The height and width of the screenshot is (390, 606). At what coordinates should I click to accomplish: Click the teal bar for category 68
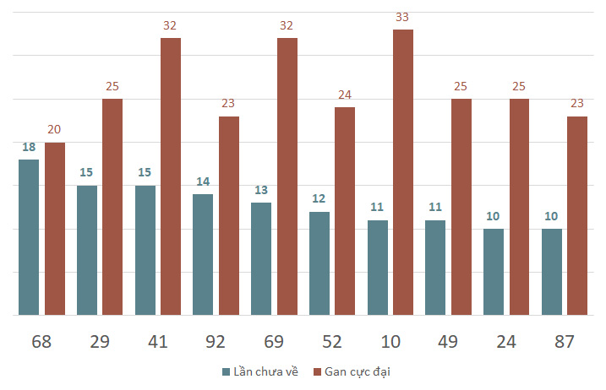(x=29, y=237)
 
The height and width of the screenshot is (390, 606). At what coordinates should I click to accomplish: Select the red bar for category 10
(x=403, y=172)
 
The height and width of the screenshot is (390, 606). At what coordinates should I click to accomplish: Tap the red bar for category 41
(x=171, y=176)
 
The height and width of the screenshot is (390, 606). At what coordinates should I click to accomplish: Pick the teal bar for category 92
(x=203, y=254)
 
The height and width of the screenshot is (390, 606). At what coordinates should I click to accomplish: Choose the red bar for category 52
(x=345, y=211)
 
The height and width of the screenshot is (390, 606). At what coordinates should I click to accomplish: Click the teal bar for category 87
(x=552, y=272)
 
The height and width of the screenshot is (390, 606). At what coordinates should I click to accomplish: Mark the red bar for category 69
(x=287, y=176)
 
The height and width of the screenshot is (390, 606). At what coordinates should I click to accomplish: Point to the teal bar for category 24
(x=494, y=272)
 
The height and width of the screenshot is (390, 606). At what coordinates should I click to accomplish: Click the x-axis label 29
(x=100, y=342)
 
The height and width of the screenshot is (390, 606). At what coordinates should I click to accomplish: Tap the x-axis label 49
(x=449, y=342)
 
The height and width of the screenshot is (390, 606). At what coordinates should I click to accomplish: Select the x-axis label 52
(x=332, y=342)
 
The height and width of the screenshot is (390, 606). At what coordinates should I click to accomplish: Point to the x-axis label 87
(x=565, y=342)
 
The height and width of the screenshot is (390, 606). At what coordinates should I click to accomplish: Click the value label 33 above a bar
(x=403, y=16)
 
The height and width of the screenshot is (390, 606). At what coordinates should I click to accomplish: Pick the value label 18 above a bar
(x=29, y=146)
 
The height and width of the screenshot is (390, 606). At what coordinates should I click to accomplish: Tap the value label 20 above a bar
(x=54, y=129)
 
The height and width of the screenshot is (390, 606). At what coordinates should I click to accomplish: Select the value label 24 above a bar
(x=345, y=95)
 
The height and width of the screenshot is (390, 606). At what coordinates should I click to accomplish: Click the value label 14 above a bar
(x=203, y=181)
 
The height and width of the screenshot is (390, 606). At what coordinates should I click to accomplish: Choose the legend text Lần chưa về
(x=265, y=371)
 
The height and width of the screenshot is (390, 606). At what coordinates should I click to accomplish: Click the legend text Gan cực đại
(x=358, y=371)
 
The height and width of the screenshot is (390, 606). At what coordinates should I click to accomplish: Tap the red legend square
(x=318, y=371)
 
